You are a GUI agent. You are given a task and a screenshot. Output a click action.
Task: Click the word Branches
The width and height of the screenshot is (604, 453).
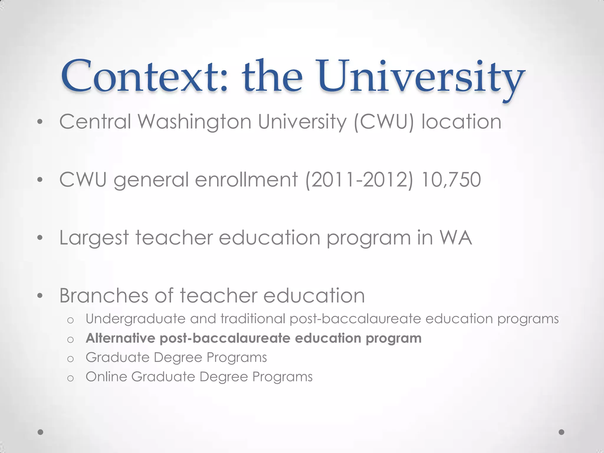(x=104, y=295)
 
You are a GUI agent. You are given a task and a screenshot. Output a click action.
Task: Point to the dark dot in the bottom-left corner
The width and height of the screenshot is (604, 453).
(x=41, y=432)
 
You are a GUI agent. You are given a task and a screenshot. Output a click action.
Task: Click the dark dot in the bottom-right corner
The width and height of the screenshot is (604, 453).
(x=562, y=432)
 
